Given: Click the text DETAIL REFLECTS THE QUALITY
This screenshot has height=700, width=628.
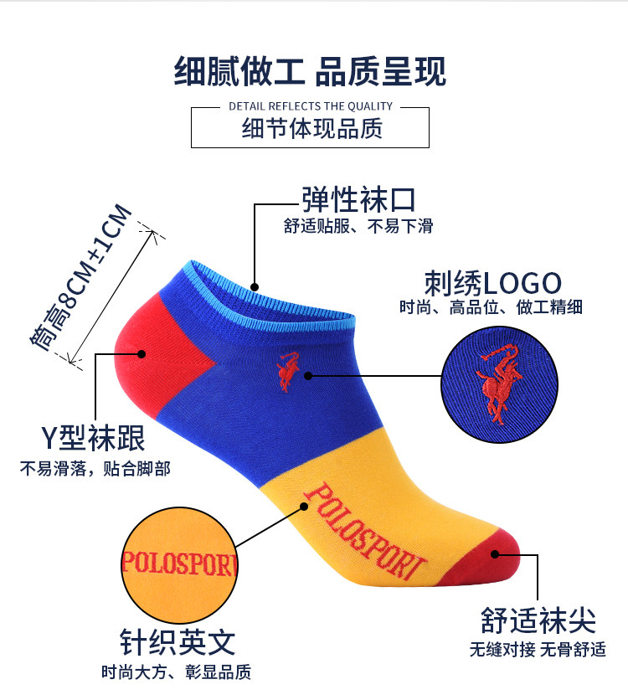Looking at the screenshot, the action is [310, 106].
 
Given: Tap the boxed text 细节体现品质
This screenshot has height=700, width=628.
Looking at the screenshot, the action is [311, 129].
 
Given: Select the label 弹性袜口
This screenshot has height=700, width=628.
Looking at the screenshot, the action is [358, 200].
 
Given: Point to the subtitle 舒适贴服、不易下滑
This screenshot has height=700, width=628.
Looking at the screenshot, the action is [358, 226].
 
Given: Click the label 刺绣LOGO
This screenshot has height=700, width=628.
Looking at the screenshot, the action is [492, 282].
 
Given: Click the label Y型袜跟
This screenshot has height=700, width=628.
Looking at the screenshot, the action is [93, 437].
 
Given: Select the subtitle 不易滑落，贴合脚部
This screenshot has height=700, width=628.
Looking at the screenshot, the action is [95, 468].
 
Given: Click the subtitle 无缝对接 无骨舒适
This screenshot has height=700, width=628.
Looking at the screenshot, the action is [537, 649].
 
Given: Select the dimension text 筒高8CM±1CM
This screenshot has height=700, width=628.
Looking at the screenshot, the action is [82, 275].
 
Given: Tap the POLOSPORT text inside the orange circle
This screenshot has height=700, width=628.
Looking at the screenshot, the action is [179, 561].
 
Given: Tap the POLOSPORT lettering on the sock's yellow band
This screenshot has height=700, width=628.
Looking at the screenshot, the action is [364, 531].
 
